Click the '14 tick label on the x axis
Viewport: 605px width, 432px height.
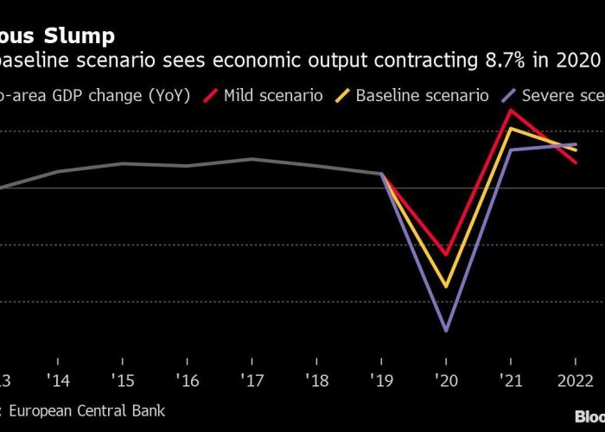pos(57,380)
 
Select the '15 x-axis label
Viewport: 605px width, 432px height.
pos(122,380)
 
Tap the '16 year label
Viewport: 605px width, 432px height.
pos(187,380)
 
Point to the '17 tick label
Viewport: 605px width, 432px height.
pos(252,380)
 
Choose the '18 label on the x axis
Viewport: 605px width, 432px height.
pos(316,380)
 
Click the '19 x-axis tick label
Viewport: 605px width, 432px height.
pos(381,380)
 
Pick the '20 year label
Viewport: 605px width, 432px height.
pos(446,380)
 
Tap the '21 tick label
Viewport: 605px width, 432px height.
pos(511,380)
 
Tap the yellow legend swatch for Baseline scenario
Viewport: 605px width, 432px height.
pos(366,94)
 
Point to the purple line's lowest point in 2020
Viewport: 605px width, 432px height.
pos(446,330)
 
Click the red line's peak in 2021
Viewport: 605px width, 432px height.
pos(511,110)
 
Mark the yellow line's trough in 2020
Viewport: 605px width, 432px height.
pos(446,286)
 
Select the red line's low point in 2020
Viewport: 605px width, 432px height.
pos(446,255)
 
